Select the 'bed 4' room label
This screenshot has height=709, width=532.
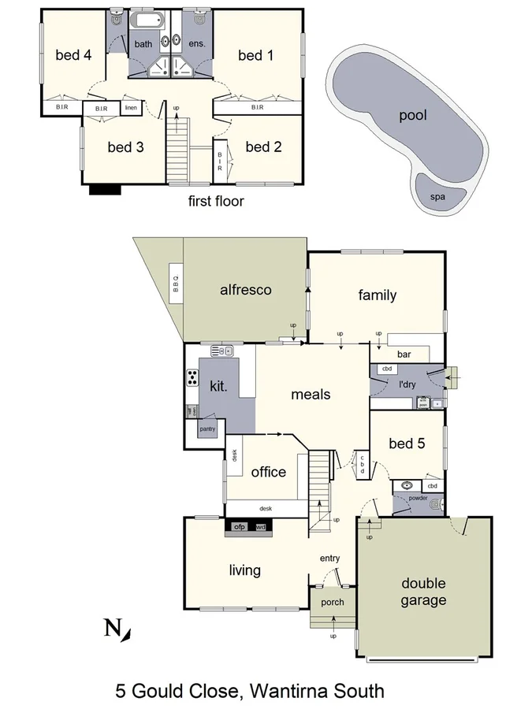tap(73, 55)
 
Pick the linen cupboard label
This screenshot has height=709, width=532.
tap(131, 108)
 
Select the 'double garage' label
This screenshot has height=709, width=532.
tap(423, 592)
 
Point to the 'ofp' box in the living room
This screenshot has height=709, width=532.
tap(240, 525)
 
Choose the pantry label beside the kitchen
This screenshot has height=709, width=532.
tap(207, 429)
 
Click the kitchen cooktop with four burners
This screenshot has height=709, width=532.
tap(192, 378)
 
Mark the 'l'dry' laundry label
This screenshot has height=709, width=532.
tap(407, 385)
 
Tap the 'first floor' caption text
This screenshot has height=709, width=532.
tap(216, 201)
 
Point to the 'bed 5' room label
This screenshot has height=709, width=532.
tap(407, 444)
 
